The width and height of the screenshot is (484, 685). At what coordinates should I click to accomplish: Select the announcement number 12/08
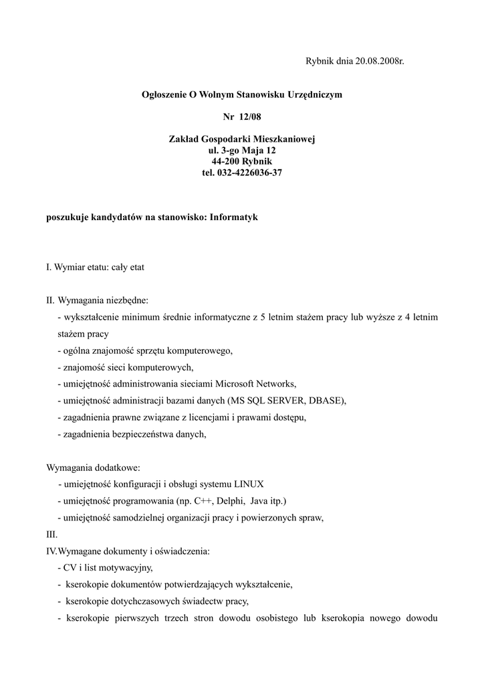click(x=253, y=117)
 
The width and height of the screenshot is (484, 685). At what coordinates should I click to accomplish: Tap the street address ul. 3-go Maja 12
click(x=242, y=151)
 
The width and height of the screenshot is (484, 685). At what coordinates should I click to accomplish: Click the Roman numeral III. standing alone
click(x=51, y=534)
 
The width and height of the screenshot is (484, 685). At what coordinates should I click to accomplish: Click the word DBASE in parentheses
click(x=325, y=401)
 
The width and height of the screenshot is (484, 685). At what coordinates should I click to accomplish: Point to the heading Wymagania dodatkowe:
click(x=93, y=468)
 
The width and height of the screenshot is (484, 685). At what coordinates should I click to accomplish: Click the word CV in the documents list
click(x=69, y=568)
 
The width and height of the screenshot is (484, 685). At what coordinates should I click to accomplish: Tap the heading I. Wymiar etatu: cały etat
click(x=95, y=267)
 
